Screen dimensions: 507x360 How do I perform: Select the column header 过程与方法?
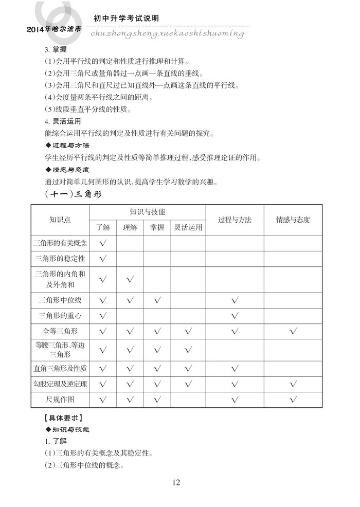[x=235, y=220]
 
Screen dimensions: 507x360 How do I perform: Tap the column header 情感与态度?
[x=293, y=220]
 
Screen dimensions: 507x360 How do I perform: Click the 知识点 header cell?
[x=60, y=220]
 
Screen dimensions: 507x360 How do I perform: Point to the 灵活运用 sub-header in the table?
[x=188, y=227]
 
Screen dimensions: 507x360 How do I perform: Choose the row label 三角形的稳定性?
[x=60, y=258]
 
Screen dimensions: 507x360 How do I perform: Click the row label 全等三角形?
[x=60, y=330]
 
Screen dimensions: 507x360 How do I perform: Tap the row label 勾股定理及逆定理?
[x=60, y=384]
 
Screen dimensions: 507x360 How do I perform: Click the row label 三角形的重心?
[x=60, y=315]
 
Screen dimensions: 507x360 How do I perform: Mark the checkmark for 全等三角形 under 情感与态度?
[x=293, y=331]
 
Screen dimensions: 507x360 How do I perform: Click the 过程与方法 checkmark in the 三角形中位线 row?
[x=235, y=300]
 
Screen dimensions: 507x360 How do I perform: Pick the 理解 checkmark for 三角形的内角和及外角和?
[x=130, y=279]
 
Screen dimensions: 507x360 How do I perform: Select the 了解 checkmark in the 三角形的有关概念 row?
[x=103, y=243]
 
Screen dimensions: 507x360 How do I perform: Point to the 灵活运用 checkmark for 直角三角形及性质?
[x=188, y=368]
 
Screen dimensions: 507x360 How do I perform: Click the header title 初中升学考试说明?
[x=126, y=18]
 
